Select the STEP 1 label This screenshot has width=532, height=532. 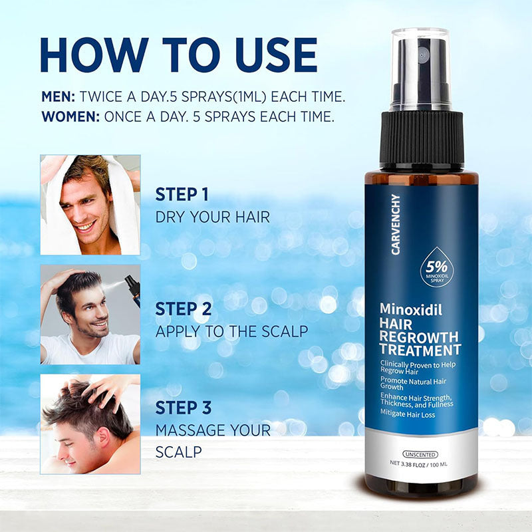point(182,195)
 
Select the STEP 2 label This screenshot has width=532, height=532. point(184,309)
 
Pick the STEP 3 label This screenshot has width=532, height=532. point(184,408)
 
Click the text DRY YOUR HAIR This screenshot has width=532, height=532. point(213,217)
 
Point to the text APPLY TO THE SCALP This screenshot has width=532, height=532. point(231,332)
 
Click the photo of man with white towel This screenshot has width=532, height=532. point(90,205)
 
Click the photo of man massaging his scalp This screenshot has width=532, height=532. point(90,423)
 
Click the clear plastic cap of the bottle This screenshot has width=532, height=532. point(420,70)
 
